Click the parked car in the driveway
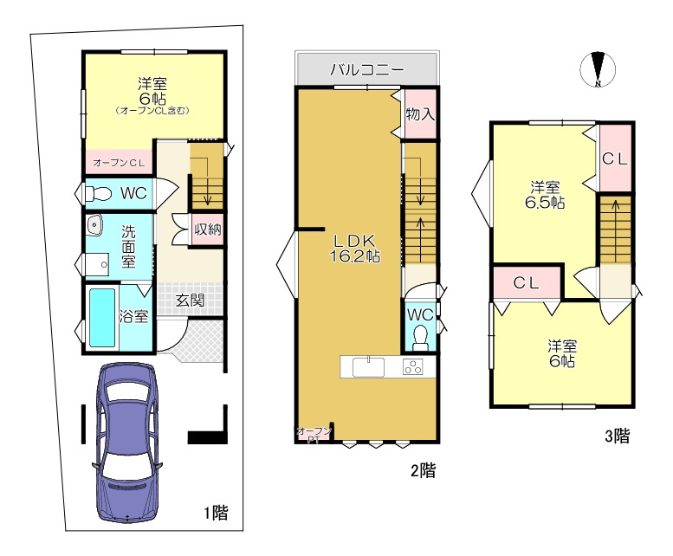(x=127, y=443)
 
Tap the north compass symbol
(x=598, y=68)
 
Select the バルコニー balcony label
(x=367, y=69)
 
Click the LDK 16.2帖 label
(x=353, y=249)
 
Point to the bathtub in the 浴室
(x=102, y=318)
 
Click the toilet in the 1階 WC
(x=98, y=194)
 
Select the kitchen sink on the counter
(x=368, y=367)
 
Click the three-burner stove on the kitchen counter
(x=412, y=367)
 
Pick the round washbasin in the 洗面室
(x=94, y=225)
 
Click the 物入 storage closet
(x=420, y=113)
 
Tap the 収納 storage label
(x=208, y=230)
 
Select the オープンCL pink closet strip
(x=119, y=162)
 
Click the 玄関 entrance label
(x=190, y=300)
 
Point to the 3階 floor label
(x=618, y=436)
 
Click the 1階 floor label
(x=216, y=512)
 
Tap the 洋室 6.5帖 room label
(x=545, y=194)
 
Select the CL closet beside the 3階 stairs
(x=615, y=158)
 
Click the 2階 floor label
(x=424, y=470)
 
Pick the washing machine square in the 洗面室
(x=96, y=264)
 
